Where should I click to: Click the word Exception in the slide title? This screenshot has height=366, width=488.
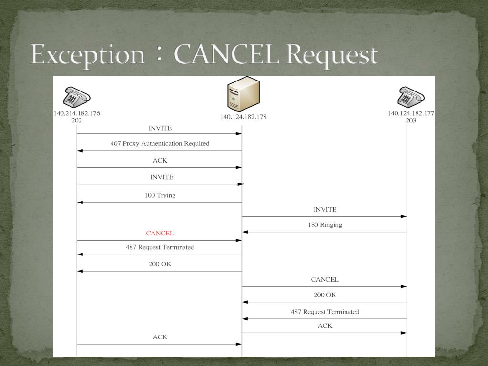(88, 55)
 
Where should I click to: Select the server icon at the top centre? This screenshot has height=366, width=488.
(243, 94)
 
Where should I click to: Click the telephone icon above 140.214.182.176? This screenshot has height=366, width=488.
(77, 97)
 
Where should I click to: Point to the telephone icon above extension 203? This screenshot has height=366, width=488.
(411, 97)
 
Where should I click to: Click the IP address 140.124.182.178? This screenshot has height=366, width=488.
(243, 117)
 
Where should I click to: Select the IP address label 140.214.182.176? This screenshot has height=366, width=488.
(77, 113)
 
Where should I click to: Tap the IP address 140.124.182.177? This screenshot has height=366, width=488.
(411, 113)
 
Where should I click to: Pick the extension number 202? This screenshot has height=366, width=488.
(77, 121)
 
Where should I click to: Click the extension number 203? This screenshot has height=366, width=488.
(411, 121)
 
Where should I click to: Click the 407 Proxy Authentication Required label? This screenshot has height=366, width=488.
(160, 143)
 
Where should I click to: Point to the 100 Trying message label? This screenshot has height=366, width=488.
(160, 195)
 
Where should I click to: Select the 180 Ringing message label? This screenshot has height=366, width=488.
(325, 225)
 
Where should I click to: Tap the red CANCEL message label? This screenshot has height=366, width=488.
(160, 234)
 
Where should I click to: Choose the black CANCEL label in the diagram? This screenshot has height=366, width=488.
(325, 280)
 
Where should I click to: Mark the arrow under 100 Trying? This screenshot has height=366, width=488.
(160, 203)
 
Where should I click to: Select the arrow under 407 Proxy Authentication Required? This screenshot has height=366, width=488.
(160, 151)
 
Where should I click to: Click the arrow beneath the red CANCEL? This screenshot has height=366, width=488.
(160, 241)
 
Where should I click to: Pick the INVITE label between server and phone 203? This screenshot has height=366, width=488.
(325, 210)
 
